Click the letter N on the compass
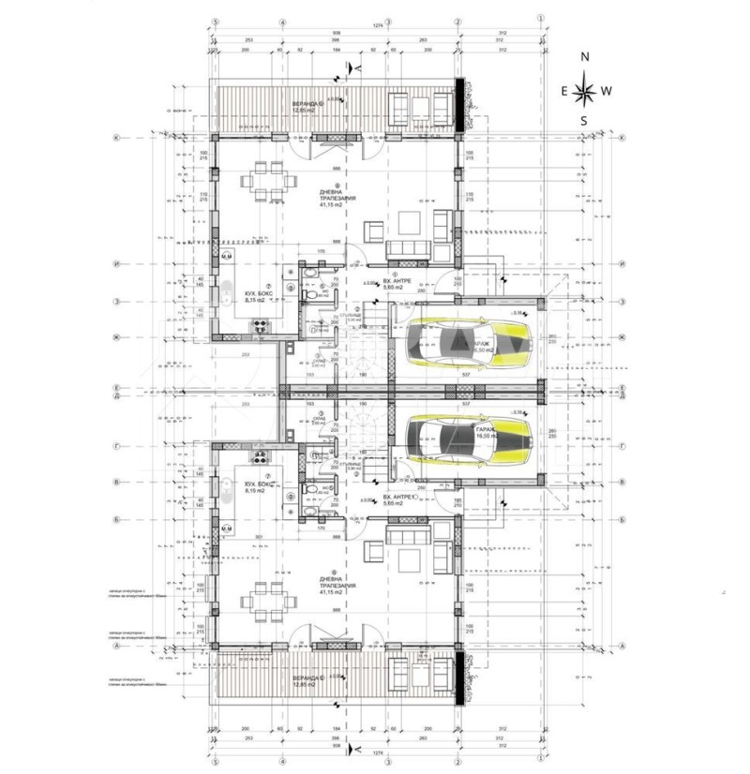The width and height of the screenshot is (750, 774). click(585, 57)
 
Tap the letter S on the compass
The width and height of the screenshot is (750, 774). click(583, 121)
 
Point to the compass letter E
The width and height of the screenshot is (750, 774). click(563, 91)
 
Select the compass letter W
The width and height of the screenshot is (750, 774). click(607, 91)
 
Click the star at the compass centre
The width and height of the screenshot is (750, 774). click(585, 91)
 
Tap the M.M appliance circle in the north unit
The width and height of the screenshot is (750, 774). click(226, 255)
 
